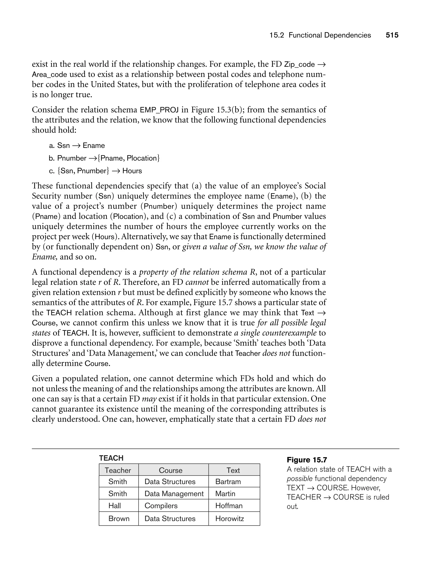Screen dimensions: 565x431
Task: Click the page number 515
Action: pyautogui.click(x=392, y=35)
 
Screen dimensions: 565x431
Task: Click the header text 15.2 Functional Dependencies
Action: pyautogui.click(x=320, y=35)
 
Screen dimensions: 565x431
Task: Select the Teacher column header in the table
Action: pyautogui.click(x=118, y=470)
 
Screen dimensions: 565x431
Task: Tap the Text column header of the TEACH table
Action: pyautogui.click(x=233, y=470)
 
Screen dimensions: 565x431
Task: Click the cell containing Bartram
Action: pyautogui.click(x=228, y=482)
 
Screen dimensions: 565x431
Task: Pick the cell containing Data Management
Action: pyautogui.click(x=174, y=494)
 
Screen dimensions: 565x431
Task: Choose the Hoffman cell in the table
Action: pyautogui.click(x=229, y=506)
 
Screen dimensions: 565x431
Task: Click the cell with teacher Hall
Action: pyautogui.click(x=115, y=506)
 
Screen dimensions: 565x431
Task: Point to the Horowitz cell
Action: pyautogui.click(x=230, y=518)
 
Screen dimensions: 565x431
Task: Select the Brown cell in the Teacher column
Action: pyautogui.click(x=119, y=518)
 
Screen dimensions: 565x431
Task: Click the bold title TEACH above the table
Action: pyautogui.click(x=111, y=458)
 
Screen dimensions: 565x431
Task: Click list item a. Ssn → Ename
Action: pyautogui.click(x=77, y=145)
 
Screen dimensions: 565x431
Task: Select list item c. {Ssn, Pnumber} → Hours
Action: pyautogui.click(x=95, y=171)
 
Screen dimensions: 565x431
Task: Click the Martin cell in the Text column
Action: pyautogui.click(x=225, y=494)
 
